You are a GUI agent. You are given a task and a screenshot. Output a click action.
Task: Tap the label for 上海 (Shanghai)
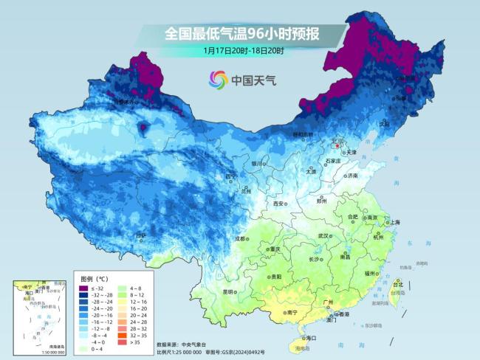pos(395,222)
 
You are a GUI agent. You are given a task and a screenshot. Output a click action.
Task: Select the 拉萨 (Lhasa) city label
pos(140,235)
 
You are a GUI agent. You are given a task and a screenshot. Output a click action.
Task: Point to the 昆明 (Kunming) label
pos(230,292)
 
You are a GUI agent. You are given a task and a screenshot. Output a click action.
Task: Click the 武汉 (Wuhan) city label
pos(322,235)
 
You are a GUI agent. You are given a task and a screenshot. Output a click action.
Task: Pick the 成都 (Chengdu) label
pos(241,238)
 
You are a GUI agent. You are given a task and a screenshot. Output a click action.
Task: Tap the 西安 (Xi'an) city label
pos(278,204)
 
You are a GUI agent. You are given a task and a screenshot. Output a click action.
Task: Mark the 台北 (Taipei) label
pos(398,284)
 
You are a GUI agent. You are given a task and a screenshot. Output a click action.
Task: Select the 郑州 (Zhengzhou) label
pos(321,200)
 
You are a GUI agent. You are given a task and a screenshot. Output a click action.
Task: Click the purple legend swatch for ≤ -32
pos(84,287)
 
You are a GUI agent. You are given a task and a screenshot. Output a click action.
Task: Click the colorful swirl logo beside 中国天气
pos(218,79)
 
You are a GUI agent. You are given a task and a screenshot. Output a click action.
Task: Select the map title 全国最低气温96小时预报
pos(244,33)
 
